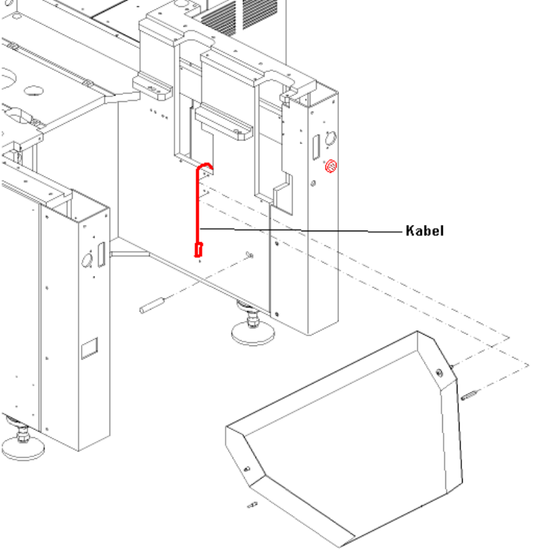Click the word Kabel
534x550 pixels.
pyautogui.click(x=424, y=231)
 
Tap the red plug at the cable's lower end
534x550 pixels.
pyautogui.click(x=198, y=249)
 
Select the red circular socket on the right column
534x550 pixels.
pyautogui.click(x=331, y=167)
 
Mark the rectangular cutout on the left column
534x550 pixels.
pyautogui.click(x=87, y=348)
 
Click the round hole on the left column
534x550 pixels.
pyautogui.click(x=87, y=260)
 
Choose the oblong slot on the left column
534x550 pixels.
pyautogui.click(x=100, y=253)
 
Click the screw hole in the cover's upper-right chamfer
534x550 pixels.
pyautogui.click(x=439, y=372)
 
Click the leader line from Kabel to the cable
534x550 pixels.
pyautogui.click(x=299, y=230)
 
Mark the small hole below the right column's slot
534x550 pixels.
pyautogui.click(x=314, y=183)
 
